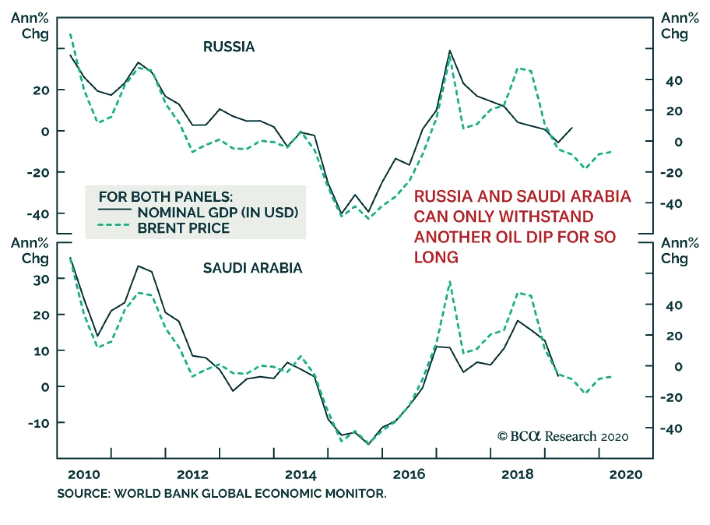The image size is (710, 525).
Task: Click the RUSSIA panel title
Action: [x=229, y=47]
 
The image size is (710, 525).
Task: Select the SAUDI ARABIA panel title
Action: [x=252, y=268]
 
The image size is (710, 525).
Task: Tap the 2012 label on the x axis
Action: [x=193, y=474]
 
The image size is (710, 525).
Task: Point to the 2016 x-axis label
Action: [x=409, y=474]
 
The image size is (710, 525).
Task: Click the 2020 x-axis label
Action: [x=625, y=474]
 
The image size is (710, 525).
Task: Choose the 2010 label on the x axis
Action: [x=84, y=474]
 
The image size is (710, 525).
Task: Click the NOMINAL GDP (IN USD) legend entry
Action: [x=217, y=212]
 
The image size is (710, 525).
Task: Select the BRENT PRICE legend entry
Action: [x=183, y=228]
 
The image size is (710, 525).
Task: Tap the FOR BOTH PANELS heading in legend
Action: [x=166, y=196]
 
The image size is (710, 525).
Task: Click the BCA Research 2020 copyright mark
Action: [x=563, y=436]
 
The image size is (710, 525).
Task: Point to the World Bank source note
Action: [x=221, y=493]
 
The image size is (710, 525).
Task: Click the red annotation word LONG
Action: [x=436, y=257]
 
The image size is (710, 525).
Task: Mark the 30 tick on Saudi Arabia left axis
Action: [x=41, y=280]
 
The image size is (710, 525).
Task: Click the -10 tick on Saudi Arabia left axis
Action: [x=39, y=423]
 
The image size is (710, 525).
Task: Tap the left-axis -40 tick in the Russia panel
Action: [x=38, y=214]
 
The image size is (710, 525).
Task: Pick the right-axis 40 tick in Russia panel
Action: [x=674, y=81]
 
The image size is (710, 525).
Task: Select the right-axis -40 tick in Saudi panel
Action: [x=671, y=429]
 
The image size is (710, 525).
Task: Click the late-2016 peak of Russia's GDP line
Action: [x=450, y=51]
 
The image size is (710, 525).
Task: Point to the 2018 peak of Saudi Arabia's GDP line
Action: [x=517, y=320]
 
